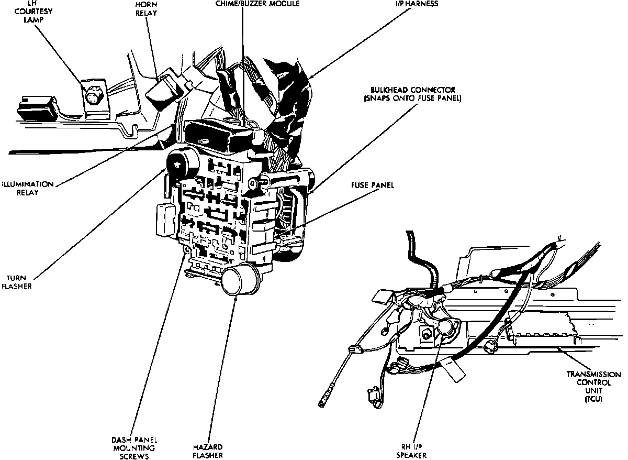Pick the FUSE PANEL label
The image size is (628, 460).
pos(373,185)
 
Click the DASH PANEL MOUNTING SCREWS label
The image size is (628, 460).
pos(134,447)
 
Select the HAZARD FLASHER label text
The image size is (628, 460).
pos(208,451)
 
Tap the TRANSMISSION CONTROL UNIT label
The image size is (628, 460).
pos(593,387)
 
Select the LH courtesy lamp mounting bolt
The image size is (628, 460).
pos(92,97)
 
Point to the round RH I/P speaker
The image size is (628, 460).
pos(446,327)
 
